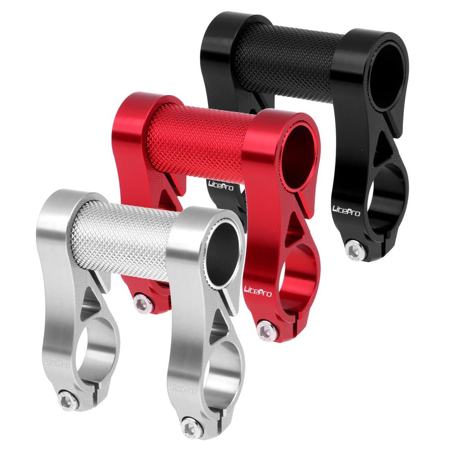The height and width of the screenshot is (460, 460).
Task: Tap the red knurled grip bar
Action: pyautogui.click(x=203, y=144)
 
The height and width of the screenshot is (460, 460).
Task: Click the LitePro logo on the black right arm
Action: pyautogui.click(x=346, y=211)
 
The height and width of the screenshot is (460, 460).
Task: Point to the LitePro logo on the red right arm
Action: pyautogui.click(x=258, y=292)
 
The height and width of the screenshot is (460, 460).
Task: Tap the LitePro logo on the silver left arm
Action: pyautogui.click(x=57, y=363)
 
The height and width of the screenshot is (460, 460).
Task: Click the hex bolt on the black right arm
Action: pyautogui.click(x=355, y=250)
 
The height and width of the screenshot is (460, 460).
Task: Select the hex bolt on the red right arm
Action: pyautogui.click(x=266, y=330)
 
